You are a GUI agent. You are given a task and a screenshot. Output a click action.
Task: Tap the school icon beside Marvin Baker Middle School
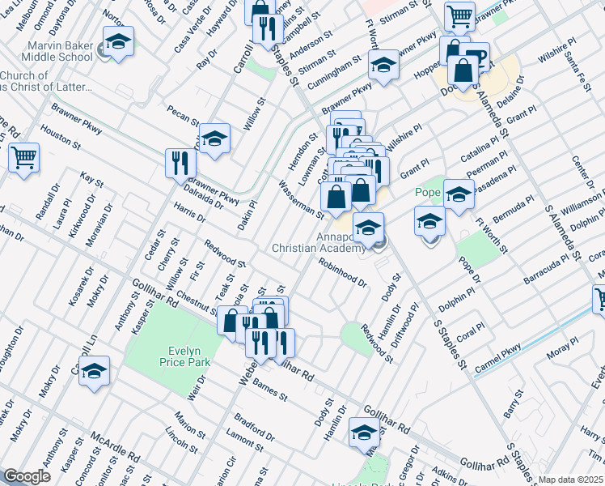pos(118,42)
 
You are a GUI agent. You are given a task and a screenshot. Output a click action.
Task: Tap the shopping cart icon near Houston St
pos(23,157)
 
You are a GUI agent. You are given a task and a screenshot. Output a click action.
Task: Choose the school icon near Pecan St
pos(214,139)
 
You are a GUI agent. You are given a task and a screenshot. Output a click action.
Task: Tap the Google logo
pos(26,476)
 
